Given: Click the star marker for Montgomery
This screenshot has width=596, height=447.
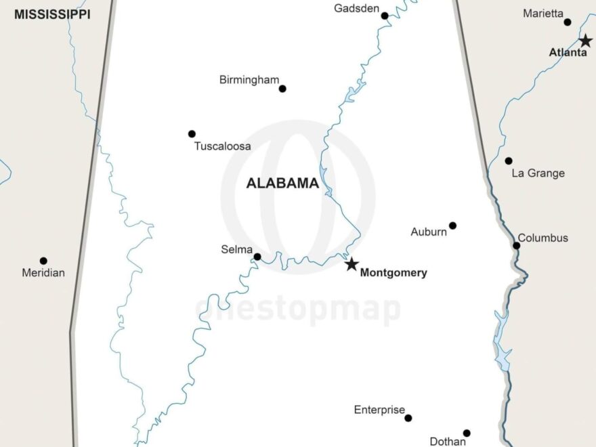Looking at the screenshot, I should tap(352, 264).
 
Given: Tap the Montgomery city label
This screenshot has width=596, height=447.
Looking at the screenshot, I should tap(393, 273).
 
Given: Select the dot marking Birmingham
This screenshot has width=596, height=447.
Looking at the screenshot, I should tap(282, 89).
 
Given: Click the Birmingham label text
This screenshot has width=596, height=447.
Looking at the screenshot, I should tap(249, 80).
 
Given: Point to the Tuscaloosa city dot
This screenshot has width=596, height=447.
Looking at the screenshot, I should tap(192, 134).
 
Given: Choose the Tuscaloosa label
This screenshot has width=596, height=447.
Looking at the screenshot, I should tap(222, 146).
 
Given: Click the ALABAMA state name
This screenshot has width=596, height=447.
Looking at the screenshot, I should tap(282, 183).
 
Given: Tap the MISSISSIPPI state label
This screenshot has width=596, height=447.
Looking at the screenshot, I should tap(52, 14).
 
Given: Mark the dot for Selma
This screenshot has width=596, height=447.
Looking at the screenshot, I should tap(257, 257).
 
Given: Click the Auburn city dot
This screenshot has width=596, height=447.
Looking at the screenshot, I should tap(452, 226).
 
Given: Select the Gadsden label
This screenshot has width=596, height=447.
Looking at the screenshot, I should tap(356, 8).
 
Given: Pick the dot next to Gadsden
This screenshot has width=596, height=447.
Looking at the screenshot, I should tap(385, 16).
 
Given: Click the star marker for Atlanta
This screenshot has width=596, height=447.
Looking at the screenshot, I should tap(585, 41).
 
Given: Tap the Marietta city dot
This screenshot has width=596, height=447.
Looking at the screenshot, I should tap(568, 22).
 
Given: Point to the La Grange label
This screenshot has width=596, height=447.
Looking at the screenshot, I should tap(538, 173).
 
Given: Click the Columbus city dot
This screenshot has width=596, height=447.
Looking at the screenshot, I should tap(516, 245).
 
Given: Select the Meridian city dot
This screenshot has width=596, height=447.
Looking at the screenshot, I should tap(43, 261).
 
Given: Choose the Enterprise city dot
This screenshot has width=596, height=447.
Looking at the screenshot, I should tap(408, 418).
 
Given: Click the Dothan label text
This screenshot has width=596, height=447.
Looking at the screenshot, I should tap(448, 442).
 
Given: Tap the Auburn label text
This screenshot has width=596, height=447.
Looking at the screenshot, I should tap(429, 232).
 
